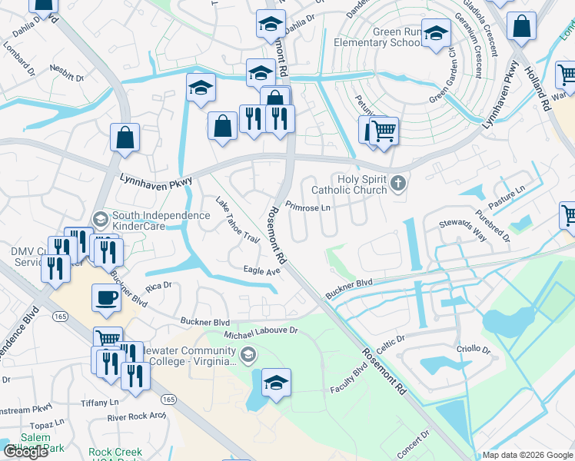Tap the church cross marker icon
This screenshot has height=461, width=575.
coord(397,183)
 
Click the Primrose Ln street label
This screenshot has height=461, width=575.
coord(307,207)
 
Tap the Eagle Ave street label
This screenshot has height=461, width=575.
coord(262,271)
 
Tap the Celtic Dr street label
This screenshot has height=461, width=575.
coord(391,339)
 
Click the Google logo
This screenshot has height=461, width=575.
coord(25,452)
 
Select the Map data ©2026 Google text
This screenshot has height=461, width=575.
coord(527,455)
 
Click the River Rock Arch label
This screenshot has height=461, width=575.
coord(137,417)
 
